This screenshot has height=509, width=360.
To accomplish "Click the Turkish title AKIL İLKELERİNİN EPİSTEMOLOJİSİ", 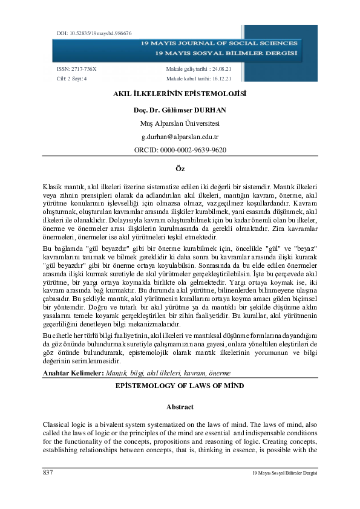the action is [x=180, y=94].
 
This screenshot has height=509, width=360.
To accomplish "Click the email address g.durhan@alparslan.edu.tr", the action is [x=180, y=137].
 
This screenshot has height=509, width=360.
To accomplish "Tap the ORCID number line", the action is [x=180, y=150].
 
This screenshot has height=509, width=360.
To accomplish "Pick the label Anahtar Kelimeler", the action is [x=73, y=374].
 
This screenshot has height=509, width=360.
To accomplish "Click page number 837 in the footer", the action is [x=48, y=472].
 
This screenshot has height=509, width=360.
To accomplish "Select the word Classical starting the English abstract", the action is [x=57, y=425].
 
